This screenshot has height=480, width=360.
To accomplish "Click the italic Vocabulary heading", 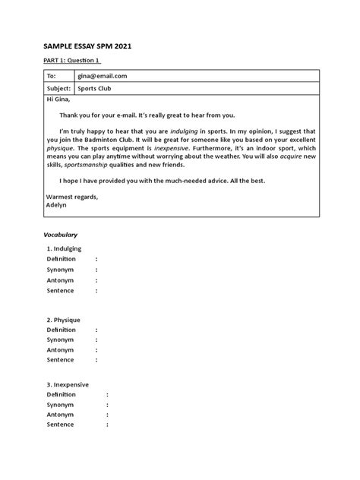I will (x=59, y=235).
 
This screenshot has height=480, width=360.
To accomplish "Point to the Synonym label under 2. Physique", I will (x=60, y=340).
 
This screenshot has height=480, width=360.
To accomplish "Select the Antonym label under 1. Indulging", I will (x=60, y=279).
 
